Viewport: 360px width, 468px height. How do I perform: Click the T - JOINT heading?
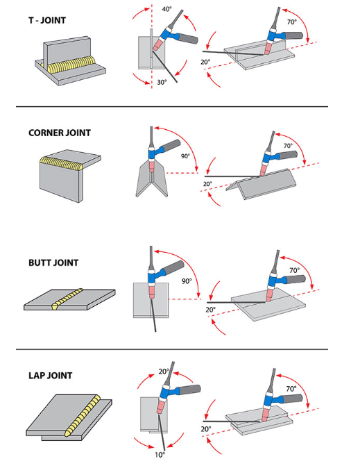47,21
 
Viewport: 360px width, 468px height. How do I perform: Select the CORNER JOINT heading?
60,133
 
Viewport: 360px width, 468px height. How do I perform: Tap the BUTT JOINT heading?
53,262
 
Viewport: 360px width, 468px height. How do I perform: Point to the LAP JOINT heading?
51,376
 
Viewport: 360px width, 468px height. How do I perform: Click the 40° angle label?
167,9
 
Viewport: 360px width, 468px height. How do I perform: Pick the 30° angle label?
162,82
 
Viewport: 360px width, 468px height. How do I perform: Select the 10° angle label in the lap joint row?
160,455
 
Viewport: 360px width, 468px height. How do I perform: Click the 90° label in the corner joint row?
185,156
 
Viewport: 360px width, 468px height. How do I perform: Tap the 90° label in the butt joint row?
187,281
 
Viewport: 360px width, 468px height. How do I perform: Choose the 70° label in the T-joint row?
292,22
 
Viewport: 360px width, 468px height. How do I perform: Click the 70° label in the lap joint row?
291,389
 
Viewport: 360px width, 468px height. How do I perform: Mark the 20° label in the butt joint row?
211,310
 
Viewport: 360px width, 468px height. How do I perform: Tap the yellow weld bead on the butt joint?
67,299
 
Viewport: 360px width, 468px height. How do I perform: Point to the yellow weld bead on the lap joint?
83,415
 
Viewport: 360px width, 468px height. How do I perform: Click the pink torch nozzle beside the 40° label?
158,44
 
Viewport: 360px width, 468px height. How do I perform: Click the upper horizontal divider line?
172,106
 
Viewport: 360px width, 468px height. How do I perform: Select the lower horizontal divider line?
172,349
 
